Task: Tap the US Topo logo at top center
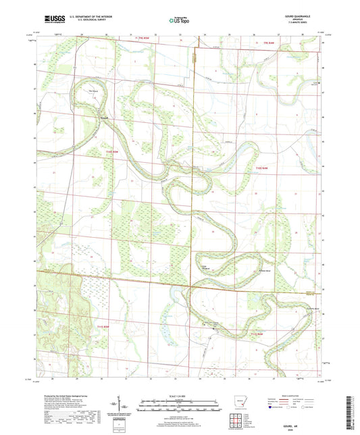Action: click(x=179, y=20)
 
